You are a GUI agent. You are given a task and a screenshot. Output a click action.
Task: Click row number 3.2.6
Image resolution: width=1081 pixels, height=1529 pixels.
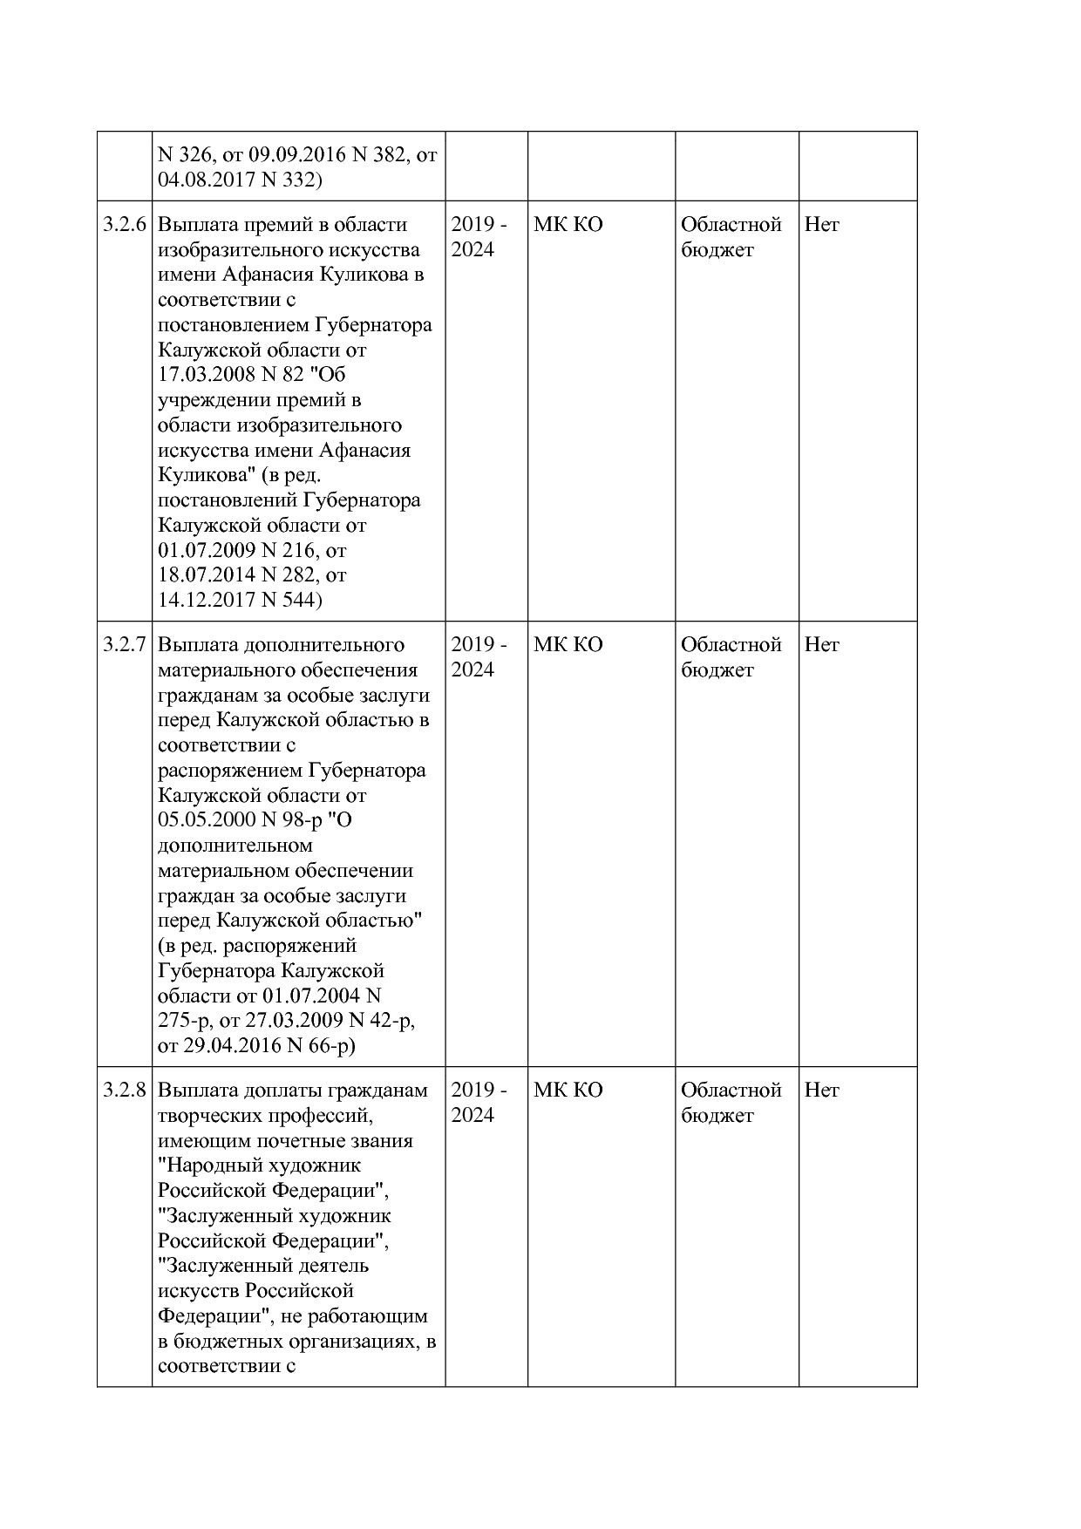click(x=124, y=225)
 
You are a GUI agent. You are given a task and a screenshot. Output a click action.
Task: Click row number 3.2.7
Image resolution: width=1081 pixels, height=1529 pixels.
click(x=124, y=645)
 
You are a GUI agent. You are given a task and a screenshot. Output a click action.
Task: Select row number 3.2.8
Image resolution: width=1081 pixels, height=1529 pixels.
click(x=124, y=1091)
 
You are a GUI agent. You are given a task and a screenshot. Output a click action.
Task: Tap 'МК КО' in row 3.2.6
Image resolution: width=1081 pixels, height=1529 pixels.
click(x=568, y=225)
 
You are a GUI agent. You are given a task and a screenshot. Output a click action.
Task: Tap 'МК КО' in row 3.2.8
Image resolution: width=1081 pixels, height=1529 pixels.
click(x=568, y=1091)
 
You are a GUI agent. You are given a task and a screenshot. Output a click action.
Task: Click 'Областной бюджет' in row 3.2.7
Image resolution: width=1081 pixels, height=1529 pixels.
click(x=731, y=657)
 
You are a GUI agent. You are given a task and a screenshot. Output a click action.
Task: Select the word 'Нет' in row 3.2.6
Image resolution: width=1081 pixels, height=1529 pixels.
click(x=821, y=225)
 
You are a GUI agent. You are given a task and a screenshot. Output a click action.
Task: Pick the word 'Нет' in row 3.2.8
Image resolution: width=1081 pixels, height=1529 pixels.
click(x=821, y=1091)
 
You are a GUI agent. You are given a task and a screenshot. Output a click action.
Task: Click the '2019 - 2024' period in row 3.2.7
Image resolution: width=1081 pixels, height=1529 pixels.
click(x=479, y=657)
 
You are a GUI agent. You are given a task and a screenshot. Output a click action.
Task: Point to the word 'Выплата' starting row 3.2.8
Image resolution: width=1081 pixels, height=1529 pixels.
click(x=192, y=1091)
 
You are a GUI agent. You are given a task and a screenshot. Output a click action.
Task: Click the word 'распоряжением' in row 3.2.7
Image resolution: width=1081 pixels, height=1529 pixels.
click(x=230, y=771)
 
